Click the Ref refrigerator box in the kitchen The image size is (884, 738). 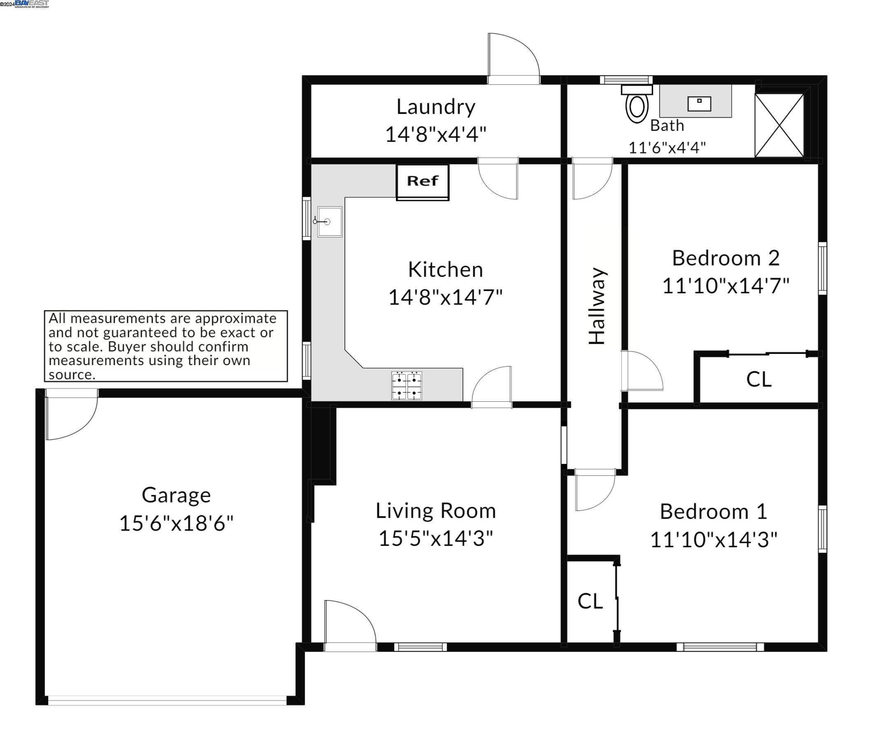[423, 182]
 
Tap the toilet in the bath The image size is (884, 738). [637, 104]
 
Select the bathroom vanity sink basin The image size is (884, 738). [699, 104]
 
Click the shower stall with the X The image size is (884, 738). [779, 125]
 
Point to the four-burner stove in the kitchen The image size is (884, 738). [407, 385]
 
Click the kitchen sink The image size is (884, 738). [329, 221]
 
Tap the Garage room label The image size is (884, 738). [176, 495]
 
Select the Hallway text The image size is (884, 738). [597, 306]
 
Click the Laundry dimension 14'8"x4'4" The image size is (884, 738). [436, 134]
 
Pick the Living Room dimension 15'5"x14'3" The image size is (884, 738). [436, 538]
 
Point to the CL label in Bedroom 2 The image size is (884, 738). [758, 379]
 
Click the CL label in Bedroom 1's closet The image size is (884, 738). [590, 601]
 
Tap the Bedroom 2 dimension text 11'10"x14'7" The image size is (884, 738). [726, 286]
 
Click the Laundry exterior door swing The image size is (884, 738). [514, 58]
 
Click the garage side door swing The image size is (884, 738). [72, 414]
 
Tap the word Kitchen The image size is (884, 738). [445, 270]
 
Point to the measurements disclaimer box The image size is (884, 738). [166, 346]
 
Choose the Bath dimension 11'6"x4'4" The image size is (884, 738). [667, 148]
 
